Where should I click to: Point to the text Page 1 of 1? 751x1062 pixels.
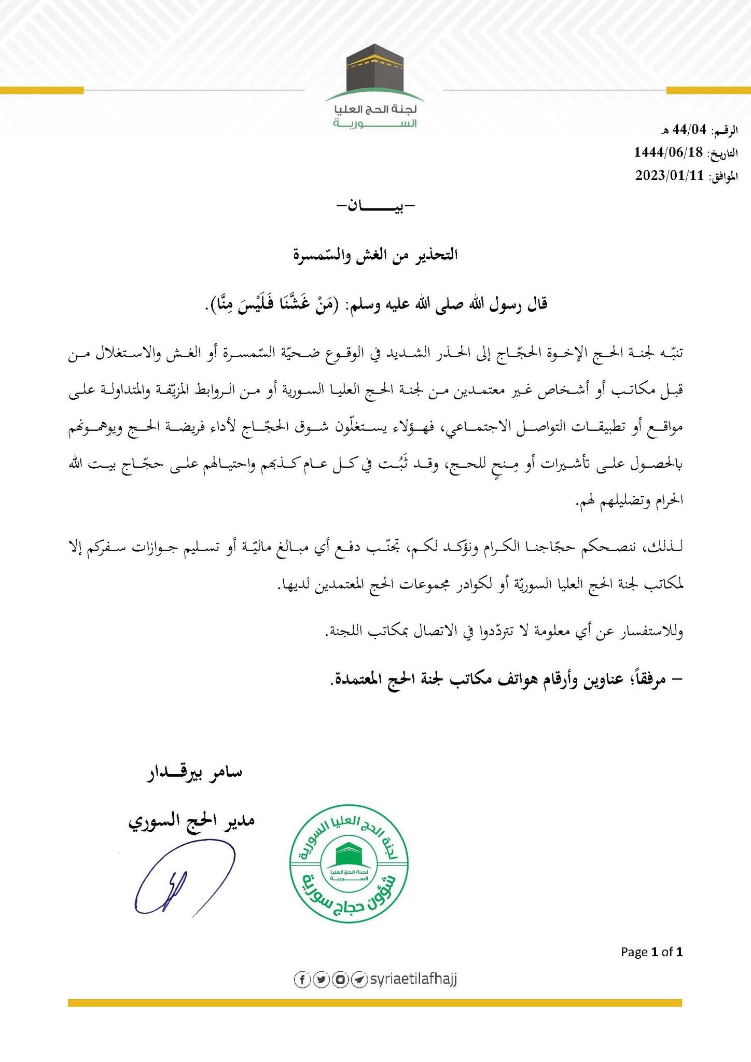click(652, 952)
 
